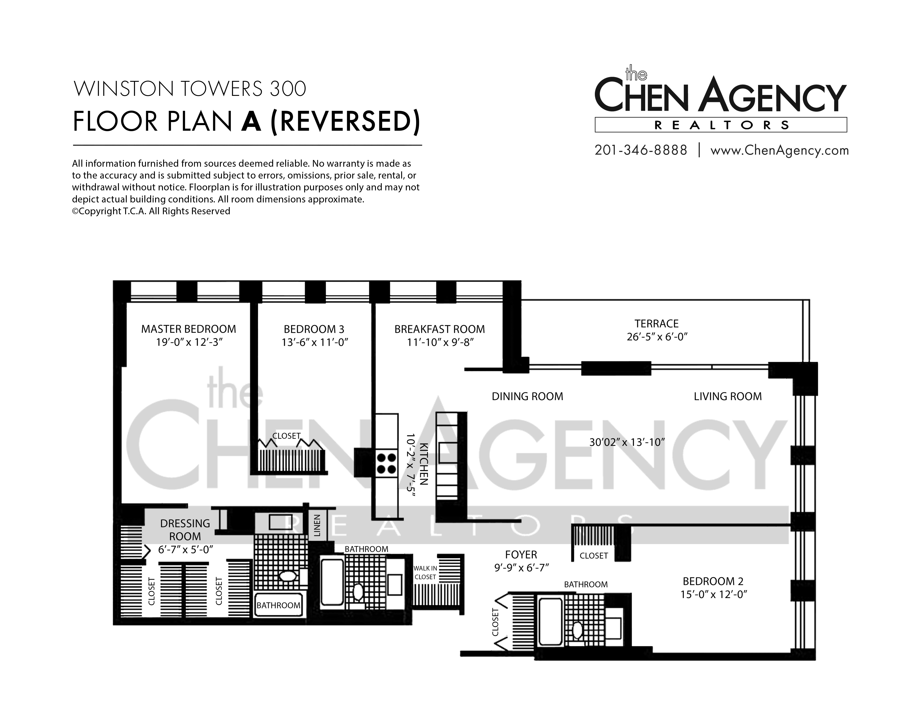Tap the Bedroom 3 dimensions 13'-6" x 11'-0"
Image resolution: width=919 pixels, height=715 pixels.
click(315, 342)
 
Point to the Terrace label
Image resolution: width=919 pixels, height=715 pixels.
click(656, 324)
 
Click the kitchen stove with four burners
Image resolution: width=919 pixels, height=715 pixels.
click(386, 463)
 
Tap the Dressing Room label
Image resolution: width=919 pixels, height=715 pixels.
click(185, 530)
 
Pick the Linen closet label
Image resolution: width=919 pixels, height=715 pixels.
click(317, 526)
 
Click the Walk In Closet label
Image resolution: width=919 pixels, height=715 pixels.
click(425, 572)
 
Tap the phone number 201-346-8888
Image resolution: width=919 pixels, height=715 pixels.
click(641, 150)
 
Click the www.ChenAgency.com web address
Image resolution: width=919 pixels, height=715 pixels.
click(779, 151)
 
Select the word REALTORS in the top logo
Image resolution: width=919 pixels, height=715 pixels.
click(722, 125)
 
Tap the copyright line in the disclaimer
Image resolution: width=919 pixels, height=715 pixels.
click(151, 211)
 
